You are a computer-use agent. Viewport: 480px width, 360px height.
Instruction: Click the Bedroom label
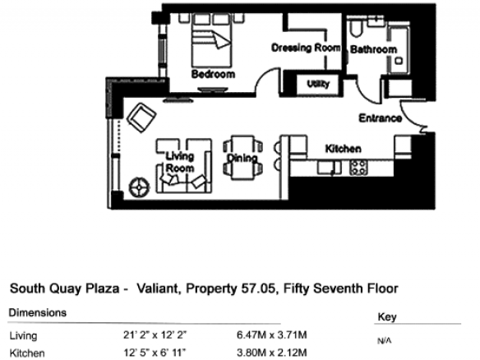tap(213, 74)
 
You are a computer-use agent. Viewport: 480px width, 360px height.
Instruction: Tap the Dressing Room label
tap(306, 48)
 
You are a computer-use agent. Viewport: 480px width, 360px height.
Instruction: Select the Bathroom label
tap(373, 49)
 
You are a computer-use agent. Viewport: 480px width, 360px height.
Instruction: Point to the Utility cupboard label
tap(318, 84)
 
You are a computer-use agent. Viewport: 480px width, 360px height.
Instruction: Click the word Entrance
tap(381, 118)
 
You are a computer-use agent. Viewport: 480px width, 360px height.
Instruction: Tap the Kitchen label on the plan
tap(344, 149)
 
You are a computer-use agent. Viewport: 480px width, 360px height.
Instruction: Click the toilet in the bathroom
tap(356, 28)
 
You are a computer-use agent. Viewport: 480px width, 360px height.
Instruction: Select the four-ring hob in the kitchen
tap(359, 168)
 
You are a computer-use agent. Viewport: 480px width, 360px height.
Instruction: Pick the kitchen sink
tap(329, 168)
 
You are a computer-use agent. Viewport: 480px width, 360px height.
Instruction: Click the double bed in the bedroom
tap(211, 40)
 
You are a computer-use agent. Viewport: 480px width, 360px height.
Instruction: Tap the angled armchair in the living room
tap(141, 118)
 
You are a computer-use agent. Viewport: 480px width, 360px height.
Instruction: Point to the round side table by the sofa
tap(139, 187)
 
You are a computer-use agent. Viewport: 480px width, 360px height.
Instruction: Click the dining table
tap(242, 157)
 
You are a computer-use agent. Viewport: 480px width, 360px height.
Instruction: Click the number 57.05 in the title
tap(258, 288)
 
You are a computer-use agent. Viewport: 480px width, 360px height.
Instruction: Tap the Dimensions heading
tap(38, 312)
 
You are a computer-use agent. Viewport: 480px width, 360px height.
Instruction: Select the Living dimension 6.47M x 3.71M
tap(271, 335)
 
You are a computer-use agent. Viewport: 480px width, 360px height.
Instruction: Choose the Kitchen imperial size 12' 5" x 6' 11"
tap(155, 353)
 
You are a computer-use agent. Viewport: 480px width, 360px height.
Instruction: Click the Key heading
tap(387, 316)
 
